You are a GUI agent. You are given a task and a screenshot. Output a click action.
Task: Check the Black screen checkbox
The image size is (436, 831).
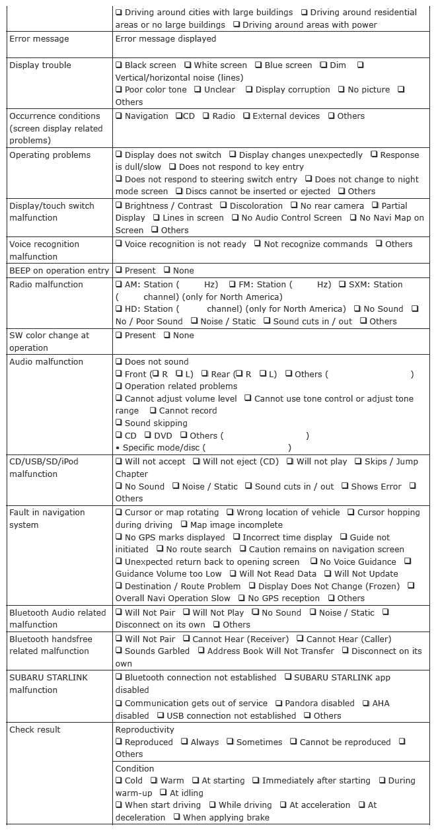(x=119, y=65)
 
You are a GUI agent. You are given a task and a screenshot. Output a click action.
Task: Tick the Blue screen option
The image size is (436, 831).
(x=259, y=65)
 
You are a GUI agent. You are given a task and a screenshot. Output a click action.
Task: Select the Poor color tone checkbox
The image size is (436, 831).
(x=119, y=90)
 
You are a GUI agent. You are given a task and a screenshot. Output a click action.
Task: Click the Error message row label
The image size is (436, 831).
(x=39, y=39)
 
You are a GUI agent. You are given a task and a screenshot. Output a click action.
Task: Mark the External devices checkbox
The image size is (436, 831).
(x=246, y=116)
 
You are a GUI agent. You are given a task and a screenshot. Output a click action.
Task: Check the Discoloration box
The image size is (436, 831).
(x=224, y=206)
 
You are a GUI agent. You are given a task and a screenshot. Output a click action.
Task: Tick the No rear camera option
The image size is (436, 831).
(x=294, y=206)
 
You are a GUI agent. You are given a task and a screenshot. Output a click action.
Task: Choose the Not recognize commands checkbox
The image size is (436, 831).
(x=258, y=244)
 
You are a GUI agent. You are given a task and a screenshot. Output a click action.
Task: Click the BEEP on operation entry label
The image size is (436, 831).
(x=59, y=271)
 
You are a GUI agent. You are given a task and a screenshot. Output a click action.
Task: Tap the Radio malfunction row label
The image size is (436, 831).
(x=46, y=285)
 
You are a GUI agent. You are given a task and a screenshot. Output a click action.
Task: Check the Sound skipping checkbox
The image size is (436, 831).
(x=119, y=423)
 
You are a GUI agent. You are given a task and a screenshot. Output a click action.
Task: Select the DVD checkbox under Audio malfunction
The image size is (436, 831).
(x=148, y=436)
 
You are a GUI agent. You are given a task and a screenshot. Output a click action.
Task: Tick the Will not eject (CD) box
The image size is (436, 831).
(x=197, y=462)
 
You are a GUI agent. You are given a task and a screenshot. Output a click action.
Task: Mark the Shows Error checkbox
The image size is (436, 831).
(x=345, y=487)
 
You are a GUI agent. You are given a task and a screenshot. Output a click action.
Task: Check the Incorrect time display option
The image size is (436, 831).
(x=236, y=538)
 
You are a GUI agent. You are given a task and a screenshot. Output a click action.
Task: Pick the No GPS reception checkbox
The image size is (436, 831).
(x=242, y=598)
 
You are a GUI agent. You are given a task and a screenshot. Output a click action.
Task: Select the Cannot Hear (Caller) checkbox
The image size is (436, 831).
(x=301, y=639)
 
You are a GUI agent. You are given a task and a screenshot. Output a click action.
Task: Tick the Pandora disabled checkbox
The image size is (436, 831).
(x=279, y=704)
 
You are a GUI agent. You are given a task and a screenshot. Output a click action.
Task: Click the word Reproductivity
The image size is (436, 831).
(x=145, y=730)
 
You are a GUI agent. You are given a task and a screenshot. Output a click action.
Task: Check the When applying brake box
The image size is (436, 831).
(x=177, y=818)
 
